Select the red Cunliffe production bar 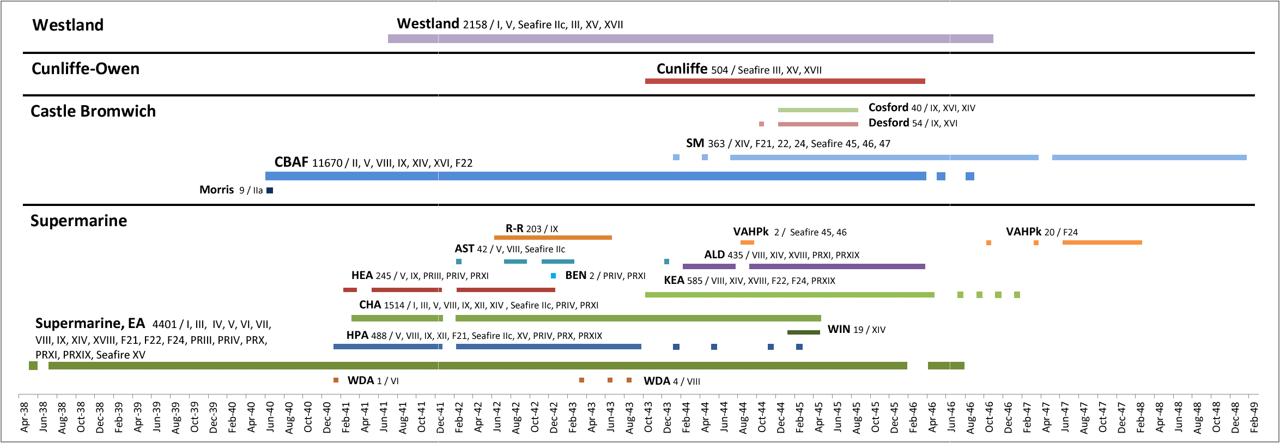[x=785, y=81]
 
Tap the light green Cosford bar [x=818, y=110]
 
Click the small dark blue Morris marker [x=270, y=190]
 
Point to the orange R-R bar [x=553, y=238]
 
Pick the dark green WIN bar [x=803, y=332]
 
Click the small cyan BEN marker [x=554, y=276]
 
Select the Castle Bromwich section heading [x=93, y=111]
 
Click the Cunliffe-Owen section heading [x=86, y=69]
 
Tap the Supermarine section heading [x=78, y=221]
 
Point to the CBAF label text [x=291, y=162]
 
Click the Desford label [x=888, y=123]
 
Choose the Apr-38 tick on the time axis [x=24, y=417]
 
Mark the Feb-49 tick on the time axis [x=1254, y=417]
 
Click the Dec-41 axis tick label [x=440, y=417]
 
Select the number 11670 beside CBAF [x=327, y=163]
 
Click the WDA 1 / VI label [x=373, y=380]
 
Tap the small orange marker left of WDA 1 [x=336, y=380]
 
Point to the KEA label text [x=674, y=280]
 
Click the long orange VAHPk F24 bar [x=1102, y=242]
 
